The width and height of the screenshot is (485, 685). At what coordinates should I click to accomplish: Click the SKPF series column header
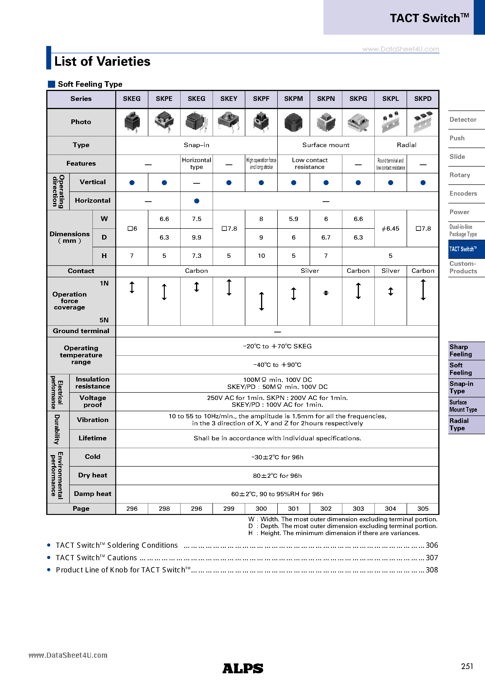click(x=261, y=99)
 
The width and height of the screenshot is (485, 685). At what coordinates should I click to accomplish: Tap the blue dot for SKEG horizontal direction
click(x=196, y=201)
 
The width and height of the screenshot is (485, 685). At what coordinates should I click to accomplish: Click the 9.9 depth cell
click(x=196, y=237)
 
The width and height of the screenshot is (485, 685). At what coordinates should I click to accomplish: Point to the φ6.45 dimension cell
click(x=390, y=228)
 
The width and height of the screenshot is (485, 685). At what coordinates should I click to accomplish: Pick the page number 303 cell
click(x=358, y=508)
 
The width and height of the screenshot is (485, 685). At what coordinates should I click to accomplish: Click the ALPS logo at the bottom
click(x=242, y=668)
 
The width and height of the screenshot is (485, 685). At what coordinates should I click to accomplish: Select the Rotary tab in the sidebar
click(x=460, y=175)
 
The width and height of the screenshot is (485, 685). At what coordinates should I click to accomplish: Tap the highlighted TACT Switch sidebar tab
click(x=463, y=249)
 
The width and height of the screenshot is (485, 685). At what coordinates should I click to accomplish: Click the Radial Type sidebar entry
click(x=459, y=424)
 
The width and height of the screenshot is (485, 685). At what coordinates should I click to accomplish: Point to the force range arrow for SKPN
click(x=326, y=293)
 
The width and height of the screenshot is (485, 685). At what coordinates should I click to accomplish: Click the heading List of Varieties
click(x=102, y=61)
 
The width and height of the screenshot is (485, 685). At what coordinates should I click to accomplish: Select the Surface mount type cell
click(x=326, y=145)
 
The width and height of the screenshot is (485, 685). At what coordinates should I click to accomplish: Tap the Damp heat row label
click(x=92, y=494)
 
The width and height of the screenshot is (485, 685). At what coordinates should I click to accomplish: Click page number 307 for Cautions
click(x=431, y=558)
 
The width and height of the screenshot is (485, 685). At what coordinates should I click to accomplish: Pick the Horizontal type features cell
click(x=196, y=164)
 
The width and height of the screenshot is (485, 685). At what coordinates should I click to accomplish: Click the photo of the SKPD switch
click(x=423, y=122)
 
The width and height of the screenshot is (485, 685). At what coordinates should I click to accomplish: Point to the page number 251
click(x=467, y=666)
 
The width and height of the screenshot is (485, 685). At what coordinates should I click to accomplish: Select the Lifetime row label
click(x=92, y=438)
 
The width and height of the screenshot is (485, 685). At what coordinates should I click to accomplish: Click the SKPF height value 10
click(x=261, y=256)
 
